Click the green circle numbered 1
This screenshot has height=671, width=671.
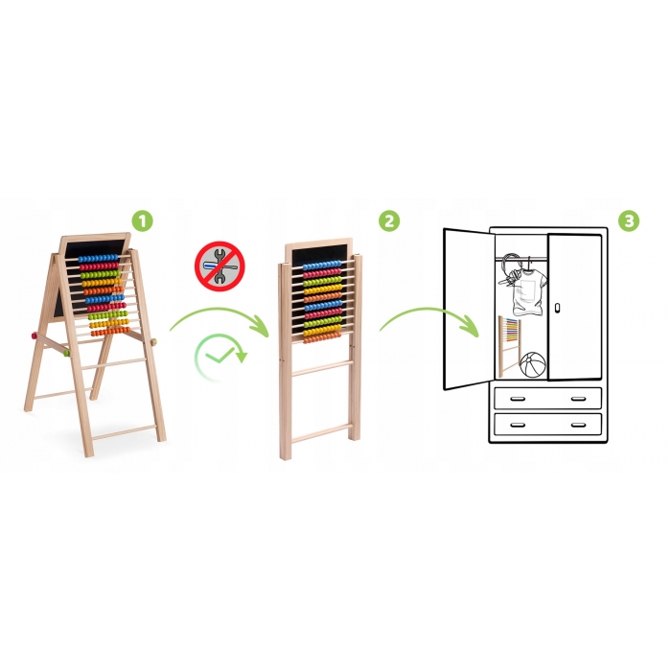click(x=142, y=221)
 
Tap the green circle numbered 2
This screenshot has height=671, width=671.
click(x=389, y=221)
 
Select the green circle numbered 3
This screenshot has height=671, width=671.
click(x=629, y=221)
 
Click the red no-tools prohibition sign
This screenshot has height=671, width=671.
click(x=220, y=266)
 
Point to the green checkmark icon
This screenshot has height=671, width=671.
click(x=220, y=355)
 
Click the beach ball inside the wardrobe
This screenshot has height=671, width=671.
click(x=533, y=364)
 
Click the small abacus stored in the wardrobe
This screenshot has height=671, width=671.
click(x=509, y=346)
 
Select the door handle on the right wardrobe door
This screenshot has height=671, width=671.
click(x=557, y=308)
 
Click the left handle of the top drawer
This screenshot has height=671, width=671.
click(x=518, y=399)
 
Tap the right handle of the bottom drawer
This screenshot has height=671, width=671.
click(x=579, y=425)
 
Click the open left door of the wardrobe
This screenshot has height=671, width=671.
click(x=469, y=309)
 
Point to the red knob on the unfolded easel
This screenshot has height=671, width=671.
click(x=34, y=335)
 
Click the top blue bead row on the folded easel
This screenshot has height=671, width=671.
click(x=322, y=266)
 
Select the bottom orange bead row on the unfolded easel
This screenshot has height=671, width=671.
click(x=110, y=332)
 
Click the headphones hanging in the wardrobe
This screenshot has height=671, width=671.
click(x=510, y=269)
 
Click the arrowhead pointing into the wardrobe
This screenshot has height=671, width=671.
click(x=470, y=328)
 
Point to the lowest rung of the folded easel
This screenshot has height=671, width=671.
click(x=321, y=433)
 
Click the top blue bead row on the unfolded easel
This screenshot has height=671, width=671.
click(x=98, y=259)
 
